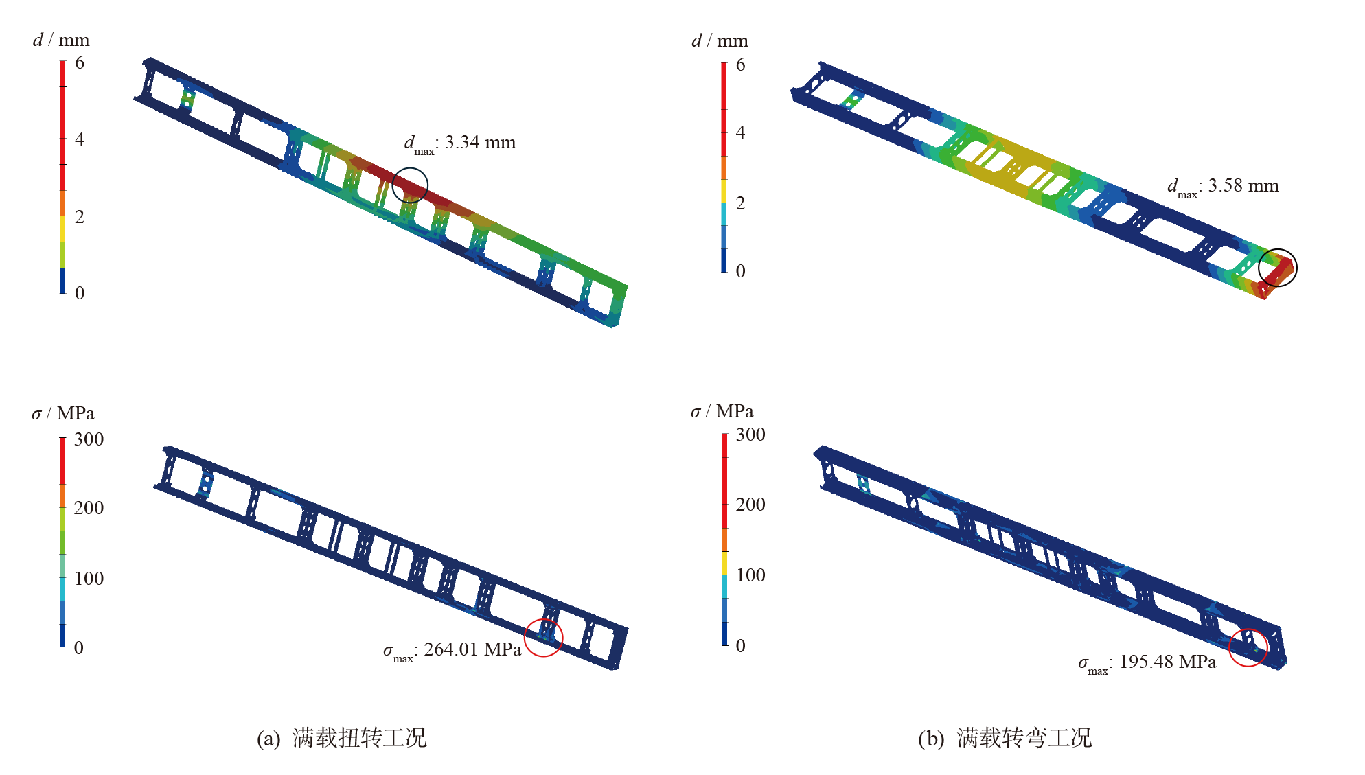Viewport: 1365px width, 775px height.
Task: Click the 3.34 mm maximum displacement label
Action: [459, 143]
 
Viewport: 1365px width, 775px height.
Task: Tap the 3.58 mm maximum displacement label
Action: [1223, 187]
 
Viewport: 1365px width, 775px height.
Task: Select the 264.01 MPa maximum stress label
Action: [452, 650]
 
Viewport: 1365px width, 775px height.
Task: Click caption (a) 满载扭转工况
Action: [341, 738]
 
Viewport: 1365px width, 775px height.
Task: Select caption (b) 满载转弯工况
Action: [1005, 738]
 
